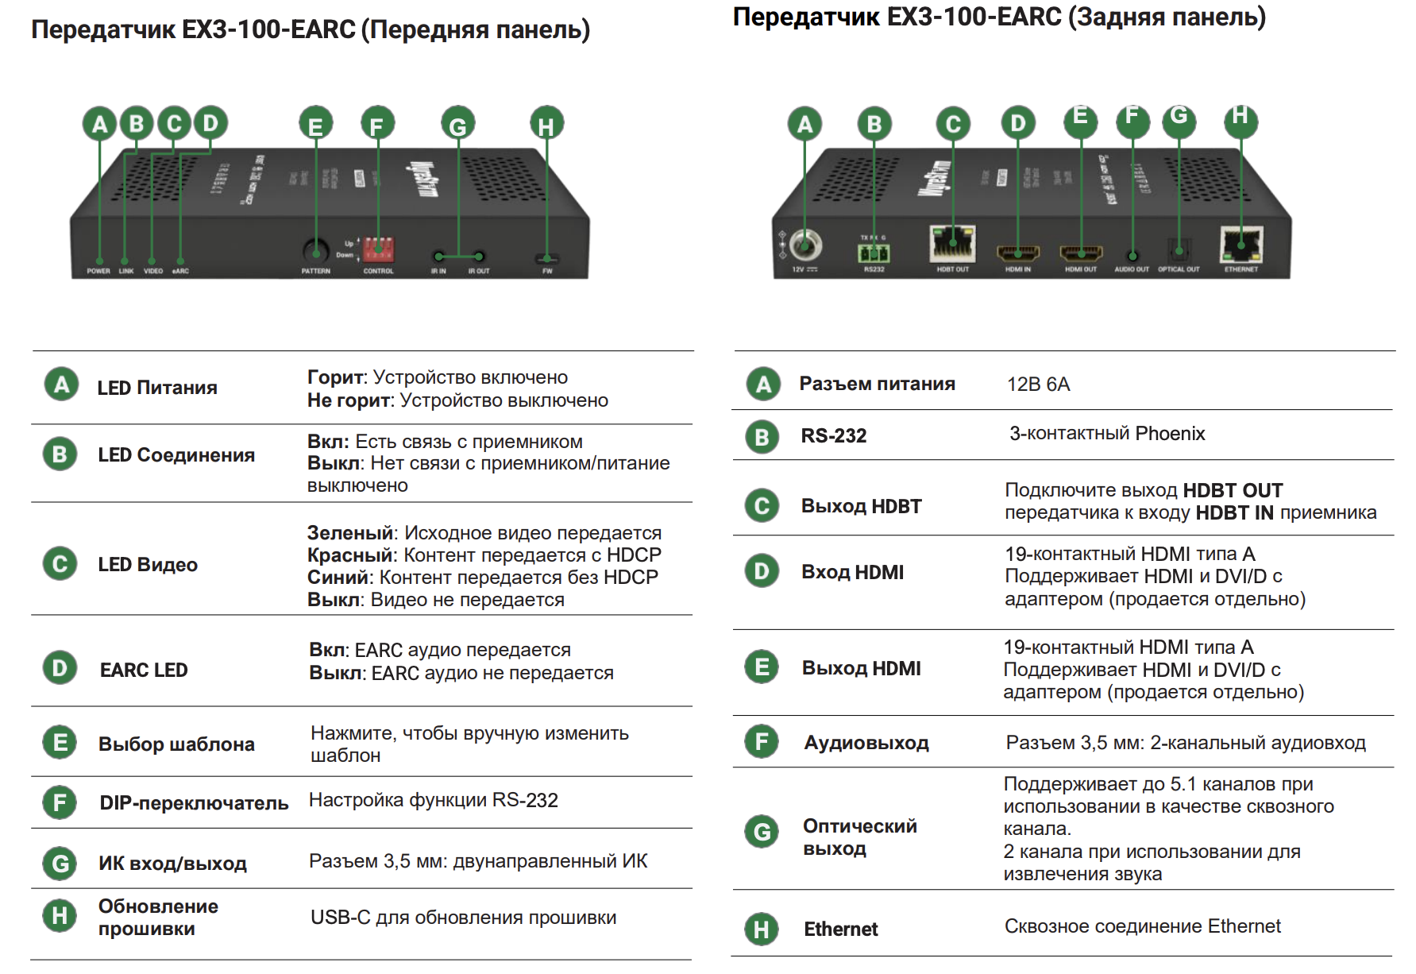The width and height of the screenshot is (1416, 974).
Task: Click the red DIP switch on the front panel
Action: pos(378,249)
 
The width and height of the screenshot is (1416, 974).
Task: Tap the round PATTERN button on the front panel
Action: pos(316,251)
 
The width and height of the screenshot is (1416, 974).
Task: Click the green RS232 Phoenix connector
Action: pos(874,253)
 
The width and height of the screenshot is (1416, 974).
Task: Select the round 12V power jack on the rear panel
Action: pos(804,245)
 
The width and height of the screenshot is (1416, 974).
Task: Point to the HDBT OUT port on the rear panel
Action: pos(952,243)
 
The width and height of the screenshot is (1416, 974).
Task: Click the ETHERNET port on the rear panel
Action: pos(1241,244)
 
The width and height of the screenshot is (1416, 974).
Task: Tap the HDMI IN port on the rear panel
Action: pos(1018,253)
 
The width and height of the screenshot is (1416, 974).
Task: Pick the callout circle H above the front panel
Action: pos(546,124)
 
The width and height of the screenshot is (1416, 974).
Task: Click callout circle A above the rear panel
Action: pos(804,124)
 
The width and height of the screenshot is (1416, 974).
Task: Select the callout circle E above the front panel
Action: pos(315,124)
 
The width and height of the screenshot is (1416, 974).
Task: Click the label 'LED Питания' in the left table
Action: pos(157,388)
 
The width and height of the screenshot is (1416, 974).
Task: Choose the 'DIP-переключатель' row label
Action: pos(194,803)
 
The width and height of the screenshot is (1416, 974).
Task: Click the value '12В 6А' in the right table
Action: pos(1038,385)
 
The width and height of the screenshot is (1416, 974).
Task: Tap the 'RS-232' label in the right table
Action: pos(833,435)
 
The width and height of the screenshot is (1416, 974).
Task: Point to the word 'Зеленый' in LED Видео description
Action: pos(350,533)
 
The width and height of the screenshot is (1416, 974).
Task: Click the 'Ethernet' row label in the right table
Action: pos(840,929)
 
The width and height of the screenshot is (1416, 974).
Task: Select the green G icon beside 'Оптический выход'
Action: pos(762,832)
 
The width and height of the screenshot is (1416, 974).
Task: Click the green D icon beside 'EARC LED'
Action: pos(60,668)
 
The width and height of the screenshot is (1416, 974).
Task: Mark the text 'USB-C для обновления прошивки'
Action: pos(463,918)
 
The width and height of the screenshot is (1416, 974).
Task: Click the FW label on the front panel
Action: pos(547,271)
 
